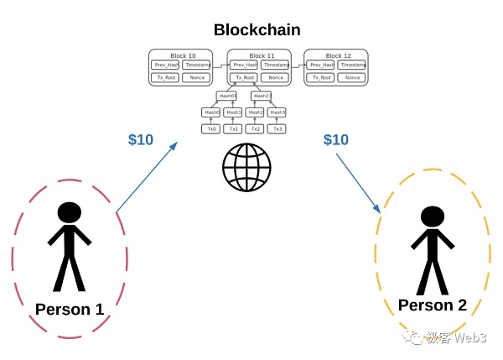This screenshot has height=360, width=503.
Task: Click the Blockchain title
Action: (x=257, y=30)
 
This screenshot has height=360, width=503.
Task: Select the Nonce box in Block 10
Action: (x=197, y=78)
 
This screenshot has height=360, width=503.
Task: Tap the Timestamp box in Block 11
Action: (x=277, y=65)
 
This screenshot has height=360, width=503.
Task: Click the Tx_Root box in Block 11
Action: (x=243, y=78)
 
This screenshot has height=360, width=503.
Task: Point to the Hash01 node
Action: (x=227, y=96)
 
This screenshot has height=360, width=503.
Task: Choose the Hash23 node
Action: (x=261, y=96)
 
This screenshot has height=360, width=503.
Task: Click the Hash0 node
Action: (x=211, y=112)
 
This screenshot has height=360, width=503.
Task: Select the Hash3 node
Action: (x=277, y=112)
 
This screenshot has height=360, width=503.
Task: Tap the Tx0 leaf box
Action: (x=211, y=128)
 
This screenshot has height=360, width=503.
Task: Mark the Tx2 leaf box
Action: (x=255, y=128)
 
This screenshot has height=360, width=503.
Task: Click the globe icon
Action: (x=246, y=167)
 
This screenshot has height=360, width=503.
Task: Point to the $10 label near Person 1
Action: (x=141, y=140)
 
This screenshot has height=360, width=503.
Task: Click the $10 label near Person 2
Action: (x=335, y=140)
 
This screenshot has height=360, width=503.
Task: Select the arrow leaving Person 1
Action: (x=147, y=177)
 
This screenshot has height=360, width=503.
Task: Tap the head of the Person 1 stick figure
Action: (x=69, y=212)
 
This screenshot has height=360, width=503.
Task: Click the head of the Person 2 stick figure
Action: (x=432, y=217)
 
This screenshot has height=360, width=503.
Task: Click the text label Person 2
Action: (x=432, y=305)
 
